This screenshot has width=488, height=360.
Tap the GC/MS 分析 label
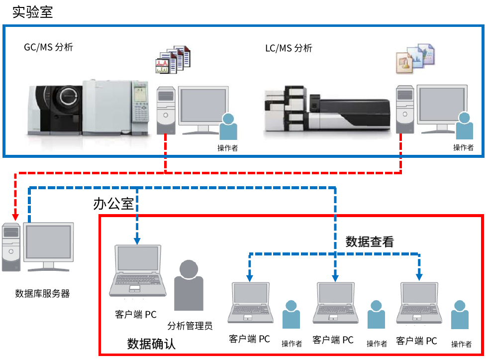(49, 47)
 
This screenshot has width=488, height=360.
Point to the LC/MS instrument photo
(326, 113)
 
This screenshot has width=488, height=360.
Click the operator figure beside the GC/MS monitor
(228, 127)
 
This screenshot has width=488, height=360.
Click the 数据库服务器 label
(42, 293)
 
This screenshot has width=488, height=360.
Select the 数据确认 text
(151, 344)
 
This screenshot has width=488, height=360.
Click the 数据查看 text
(370, 242)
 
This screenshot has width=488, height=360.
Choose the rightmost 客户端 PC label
(416, 341)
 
